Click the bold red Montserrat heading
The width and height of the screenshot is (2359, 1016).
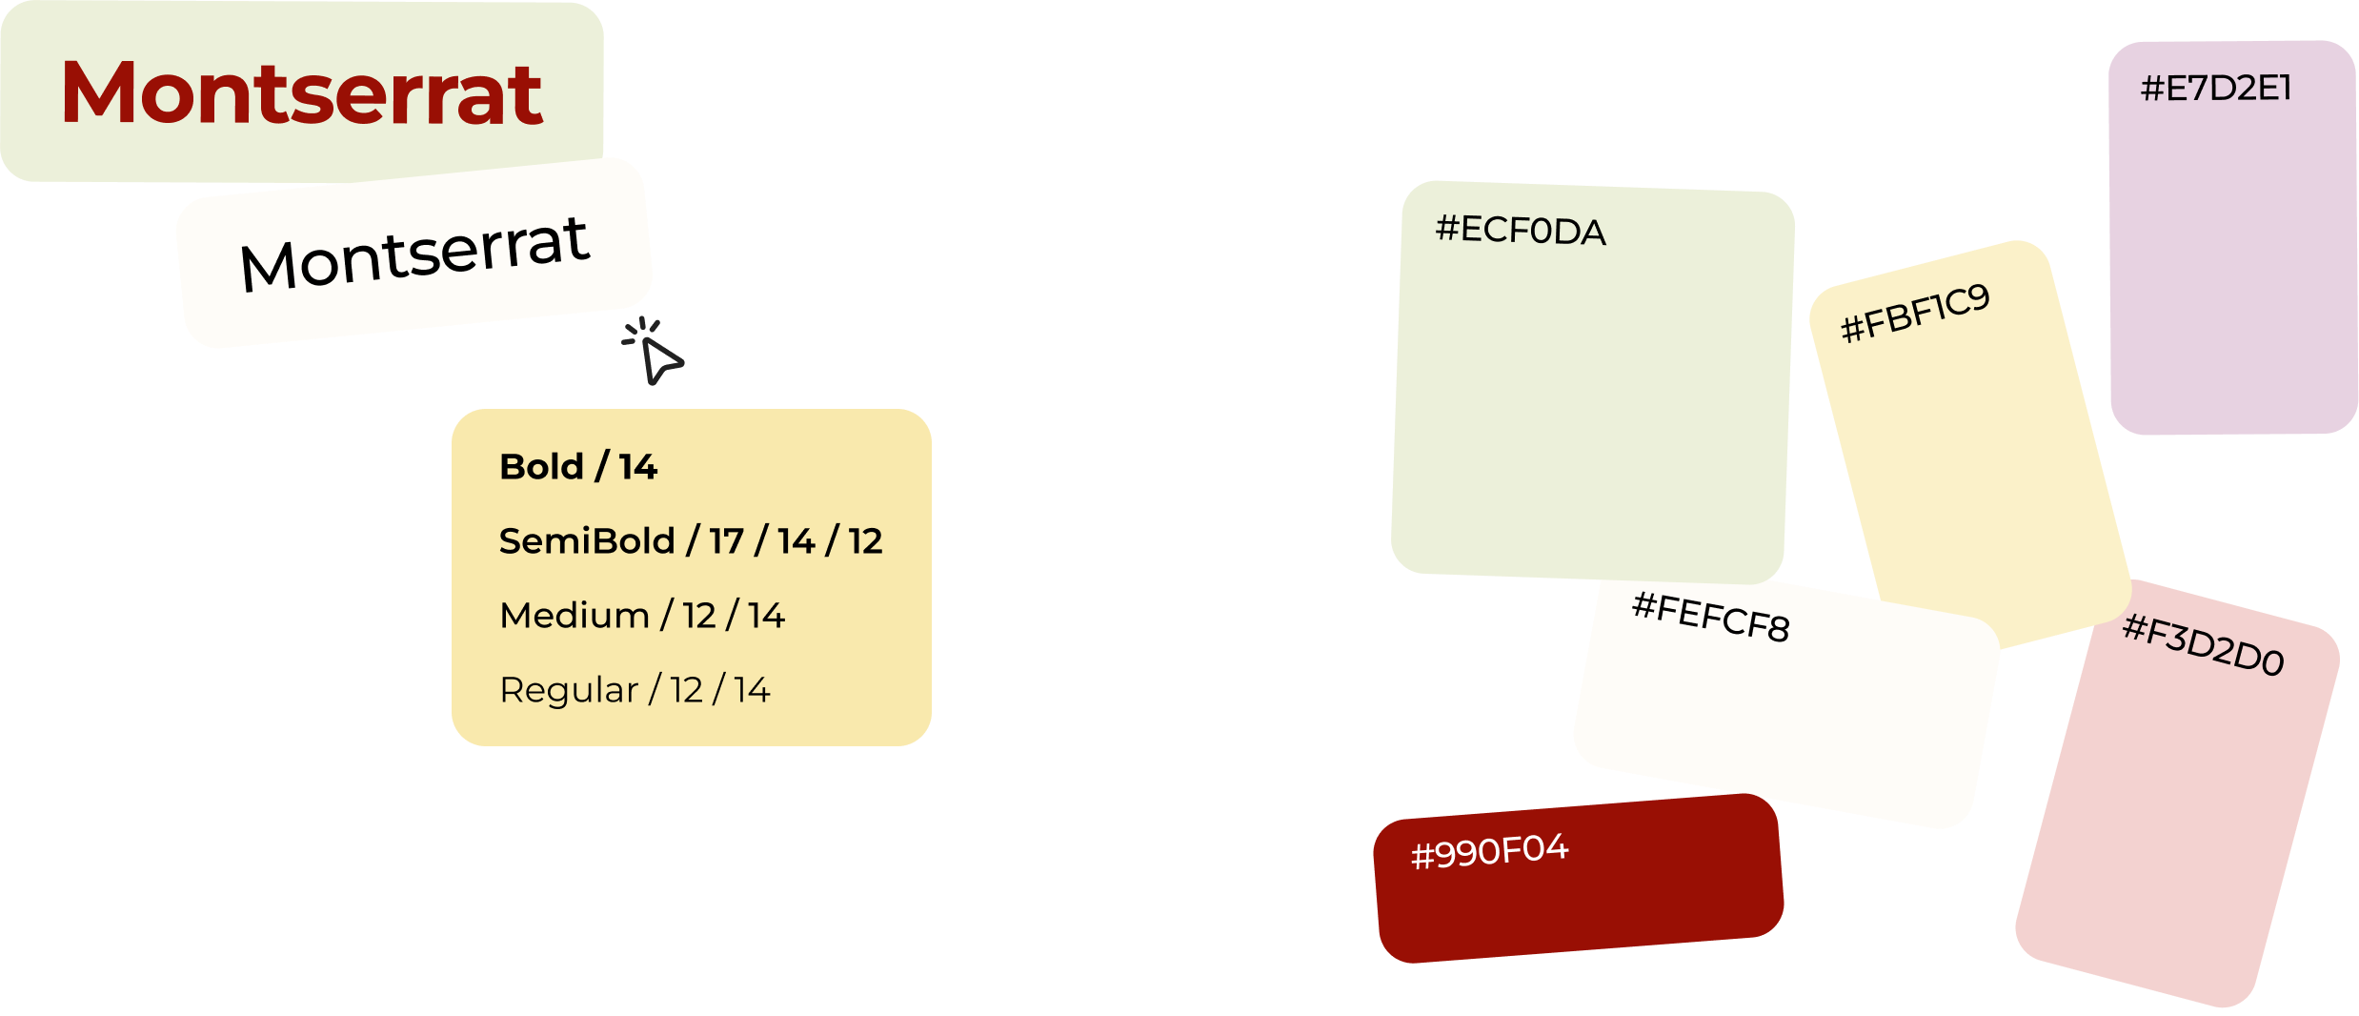point(301,93)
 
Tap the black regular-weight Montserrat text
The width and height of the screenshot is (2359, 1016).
point(414,253)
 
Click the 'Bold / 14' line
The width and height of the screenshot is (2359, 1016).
point(578,467)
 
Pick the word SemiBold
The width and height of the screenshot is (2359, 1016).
point(587,541)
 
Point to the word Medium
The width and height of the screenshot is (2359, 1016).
point(575,616)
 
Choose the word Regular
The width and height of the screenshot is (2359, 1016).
point(569,690)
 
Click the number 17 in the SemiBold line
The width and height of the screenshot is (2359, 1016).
point(726,541)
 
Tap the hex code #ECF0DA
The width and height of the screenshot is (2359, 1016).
point(1521,231)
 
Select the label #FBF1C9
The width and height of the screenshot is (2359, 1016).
point(1915,313)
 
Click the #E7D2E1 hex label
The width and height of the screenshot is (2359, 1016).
point(2216,89)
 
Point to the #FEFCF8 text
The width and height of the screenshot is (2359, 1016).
point(1711,617)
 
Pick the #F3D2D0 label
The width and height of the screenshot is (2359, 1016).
point(2204,645)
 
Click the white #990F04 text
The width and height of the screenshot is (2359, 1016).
point(1489,851)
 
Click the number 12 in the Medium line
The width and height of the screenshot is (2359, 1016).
point(699,616)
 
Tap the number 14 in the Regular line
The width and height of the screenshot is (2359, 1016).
point(752,690)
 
